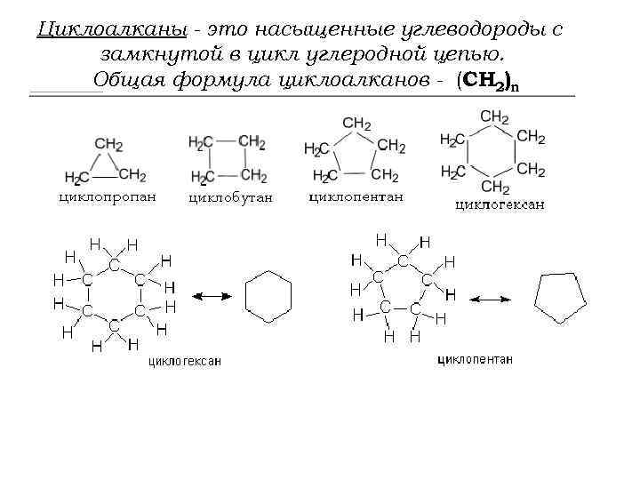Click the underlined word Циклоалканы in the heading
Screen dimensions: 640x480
(x=112, y=30)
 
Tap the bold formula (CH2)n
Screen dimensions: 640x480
(x=487, y=81)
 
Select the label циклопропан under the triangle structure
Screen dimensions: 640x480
(x=107, y=196)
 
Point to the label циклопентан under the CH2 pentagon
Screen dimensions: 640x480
(x=356, y=196)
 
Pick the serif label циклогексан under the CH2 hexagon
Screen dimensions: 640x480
(x=500, y=205)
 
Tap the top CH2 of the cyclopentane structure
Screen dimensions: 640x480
(x=356, y=124)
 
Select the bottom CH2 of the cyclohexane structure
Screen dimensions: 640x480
(x=495, y=187)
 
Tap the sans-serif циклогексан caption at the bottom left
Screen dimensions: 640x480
(x=185, y=361)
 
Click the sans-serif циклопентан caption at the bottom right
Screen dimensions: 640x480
(x=476, y=360)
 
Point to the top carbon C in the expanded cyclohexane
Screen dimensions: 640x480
(x=115, y=265)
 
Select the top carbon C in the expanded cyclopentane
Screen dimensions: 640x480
(x=404, y=260)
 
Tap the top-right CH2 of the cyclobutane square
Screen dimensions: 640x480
(x=252, y=141)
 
